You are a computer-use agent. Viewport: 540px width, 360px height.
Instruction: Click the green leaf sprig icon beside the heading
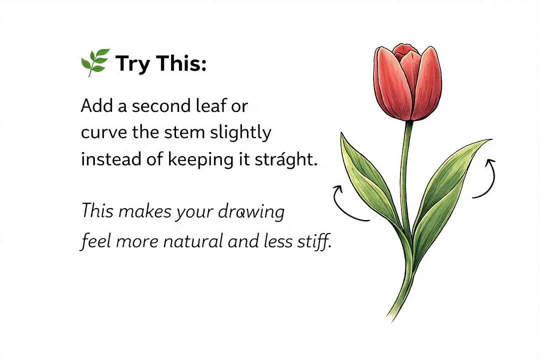pos(94,62)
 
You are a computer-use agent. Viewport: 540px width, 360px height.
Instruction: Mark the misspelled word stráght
pos(289,160)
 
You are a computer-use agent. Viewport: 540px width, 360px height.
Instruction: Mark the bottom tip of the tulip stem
pos(389,315)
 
